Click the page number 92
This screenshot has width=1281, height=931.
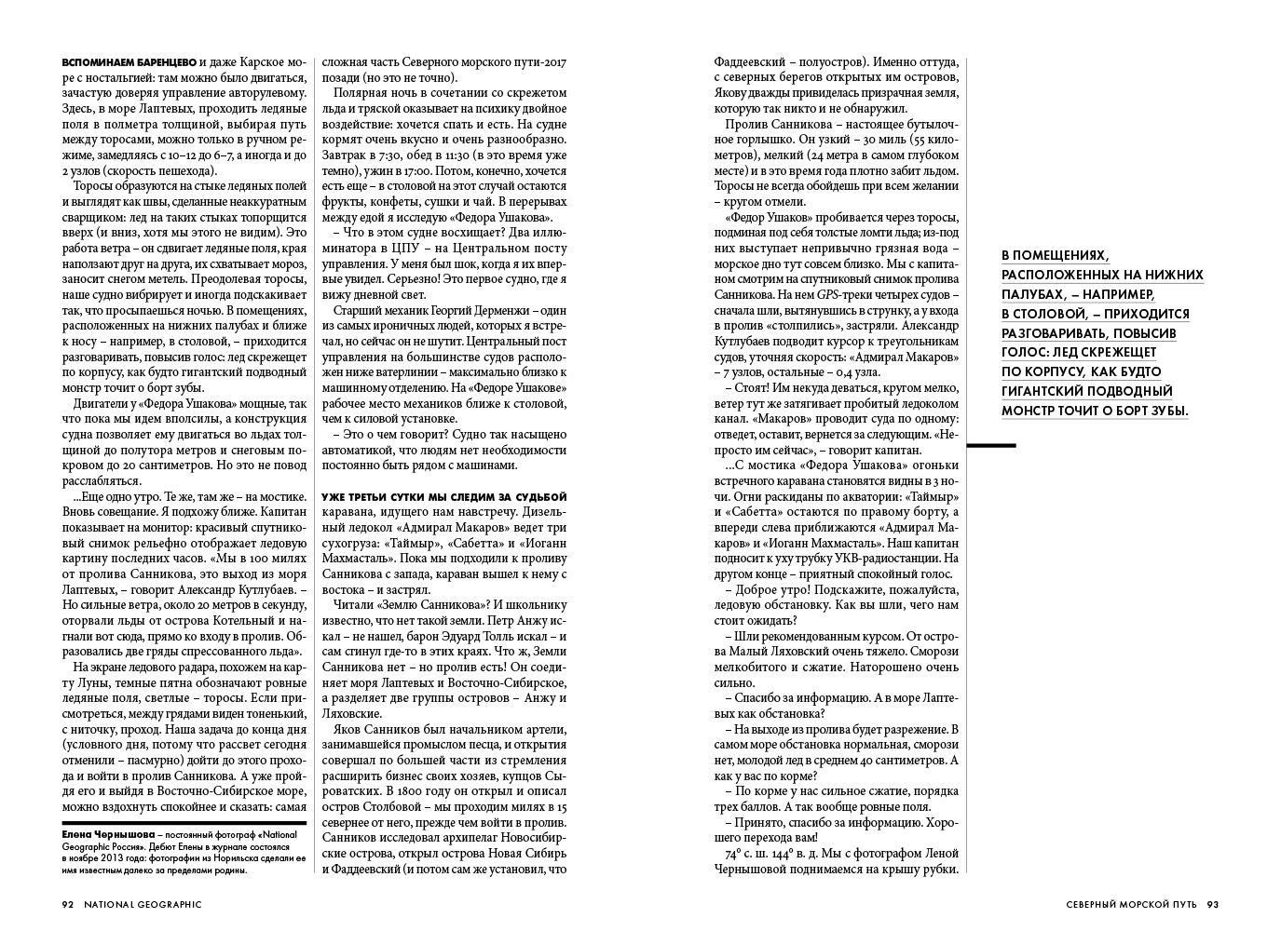(x=67, y=904)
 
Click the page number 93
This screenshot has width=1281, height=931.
(x=1213, y=904)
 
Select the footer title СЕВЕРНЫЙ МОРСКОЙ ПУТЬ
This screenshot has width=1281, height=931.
(x=1132, y=904)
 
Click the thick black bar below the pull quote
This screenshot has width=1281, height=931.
(x=991, y=446)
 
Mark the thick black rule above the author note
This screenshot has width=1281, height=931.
(x=184, y=823)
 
